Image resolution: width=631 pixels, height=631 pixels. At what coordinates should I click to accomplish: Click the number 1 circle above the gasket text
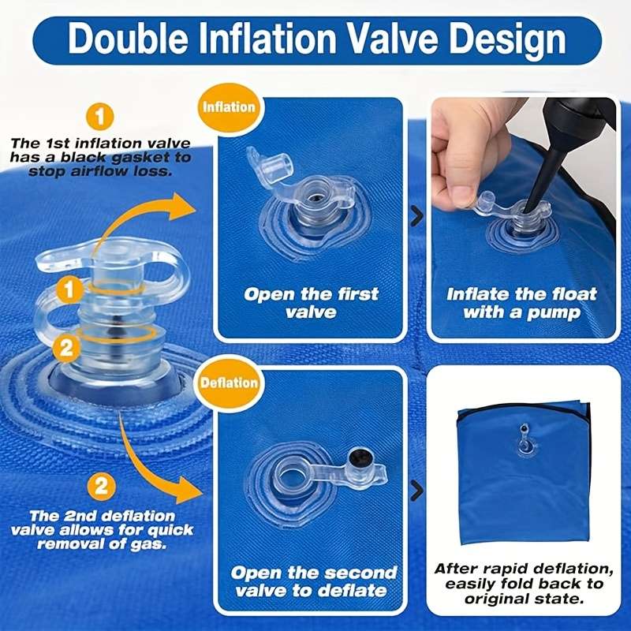[100, 118]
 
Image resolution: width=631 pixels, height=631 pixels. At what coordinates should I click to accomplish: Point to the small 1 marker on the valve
[70, 289]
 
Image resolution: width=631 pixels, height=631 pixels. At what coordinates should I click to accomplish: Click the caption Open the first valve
[311, 303]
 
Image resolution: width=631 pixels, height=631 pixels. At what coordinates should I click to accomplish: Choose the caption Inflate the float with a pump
[521, 303]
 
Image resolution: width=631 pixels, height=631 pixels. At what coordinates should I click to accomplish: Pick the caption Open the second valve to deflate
[313, 581]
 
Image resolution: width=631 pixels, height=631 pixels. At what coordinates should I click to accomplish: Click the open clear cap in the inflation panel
[276, 170]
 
